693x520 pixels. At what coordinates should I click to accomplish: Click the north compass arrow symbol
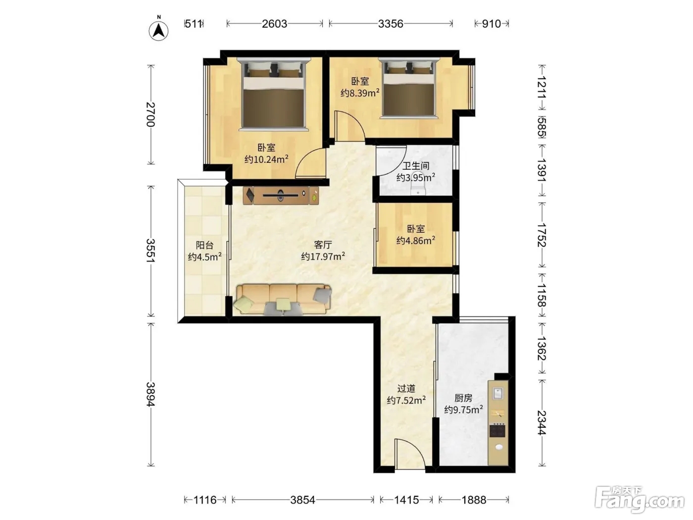(x=158, y=30)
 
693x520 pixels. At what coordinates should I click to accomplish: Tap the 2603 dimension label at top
(x=274, y=24)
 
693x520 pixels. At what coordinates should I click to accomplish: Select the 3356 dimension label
(x=391, y=24)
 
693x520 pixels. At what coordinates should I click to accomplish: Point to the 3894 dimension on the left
(x=151, y=394)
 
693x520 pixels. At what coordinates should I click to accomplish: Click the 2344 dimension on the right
(x=542, y=422)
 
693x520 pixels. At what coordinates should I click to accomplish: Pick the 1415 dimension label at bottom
(x=406, y=500)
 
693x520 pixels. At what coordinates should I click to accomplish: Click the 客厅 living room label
(x=323, y=245)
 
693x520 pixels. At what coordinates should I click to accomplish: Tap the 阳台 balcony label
(x=204, y=245)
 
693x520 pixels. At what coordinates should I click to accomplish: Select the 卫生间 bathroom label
(x=415, y=166)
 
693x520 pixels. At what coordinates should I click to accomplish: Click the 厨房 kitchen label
(x=463, y=398)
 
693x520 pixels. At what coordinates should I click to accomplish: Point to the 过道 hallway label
(x=406, y=389)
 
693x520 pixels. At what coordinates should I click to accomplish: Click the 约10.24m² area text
(x=266, y=159)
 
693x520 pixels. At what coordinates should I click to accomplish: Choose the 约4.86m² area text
(x=416, y=240)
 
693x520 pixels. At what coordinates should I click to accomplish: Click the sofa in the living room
(x=282, y=300)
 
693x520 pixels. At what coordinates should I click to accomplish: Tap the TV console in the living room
(x=281, y=196)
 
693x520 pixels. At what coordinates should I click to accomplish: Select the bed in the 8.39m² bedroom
(x=409, y=88)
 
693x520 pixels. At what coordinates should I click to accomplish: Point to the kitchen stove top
(x=497, y=431)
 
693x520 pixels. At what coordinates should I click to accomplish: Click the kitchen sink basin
(x=498, y=393)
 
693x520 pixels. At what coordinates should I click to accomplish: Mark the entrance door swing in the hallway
(x=410, y=453)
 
